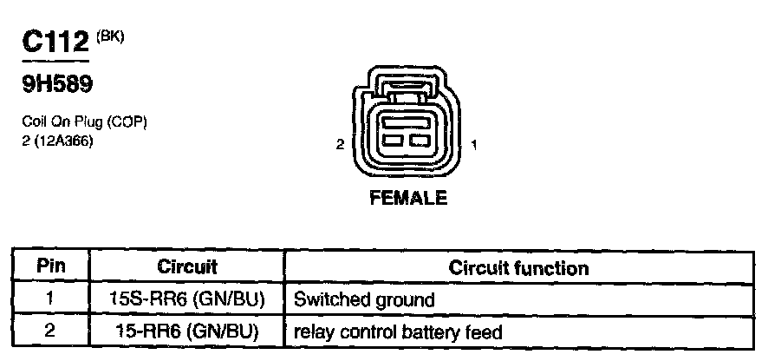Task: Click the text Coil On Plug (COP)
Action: pos(84,123)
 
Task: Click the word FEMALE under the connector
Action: pos(408,198)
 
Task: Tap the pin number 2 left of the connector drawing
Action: pos(342,145)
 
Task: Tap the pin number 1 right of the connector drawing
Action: pos(473,145)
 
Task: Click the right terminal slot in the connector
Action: pos(420,140)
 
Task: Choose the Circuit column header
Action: pos(187,267)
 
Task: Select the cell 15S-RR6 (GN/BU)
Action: pos(187,300)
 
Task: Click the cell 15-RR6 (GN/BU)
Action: pos(187,331)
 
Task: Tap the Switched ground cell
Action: pos(364,300)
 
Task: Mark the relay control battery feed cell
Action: pos(398,331)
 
